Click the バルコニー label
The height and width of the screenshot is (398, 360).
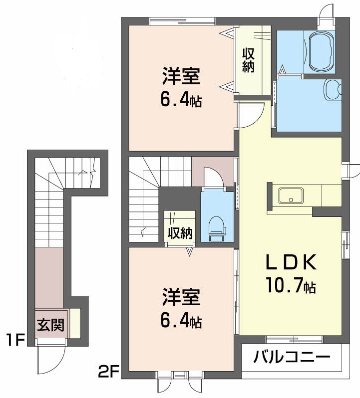click(292, 357)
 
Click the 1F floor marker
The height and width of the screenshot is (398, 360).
click(15, 341)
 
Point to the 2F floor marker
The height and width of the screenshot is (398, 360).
click(108, 371)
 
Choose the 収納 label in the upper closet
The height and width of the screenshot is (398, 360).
click(249, 60)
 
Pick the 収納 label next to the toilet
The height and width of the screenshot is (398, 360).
click(180, 232)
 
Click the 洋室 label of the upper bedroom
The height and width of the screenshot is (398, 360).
click(181, 78)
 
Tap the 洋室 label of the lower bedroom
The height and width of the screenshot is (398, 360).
click(181, 298)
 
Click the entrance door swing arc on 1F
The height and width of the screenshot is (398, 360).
click(51, 361)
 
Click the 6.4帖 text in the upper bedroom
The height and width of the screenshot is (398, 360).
click(181, 101)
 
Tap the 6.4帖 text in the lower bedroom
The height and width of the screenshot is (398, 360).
click(181, 322)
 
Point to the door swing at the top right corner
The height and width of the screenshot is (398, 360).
click(327, 12)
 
